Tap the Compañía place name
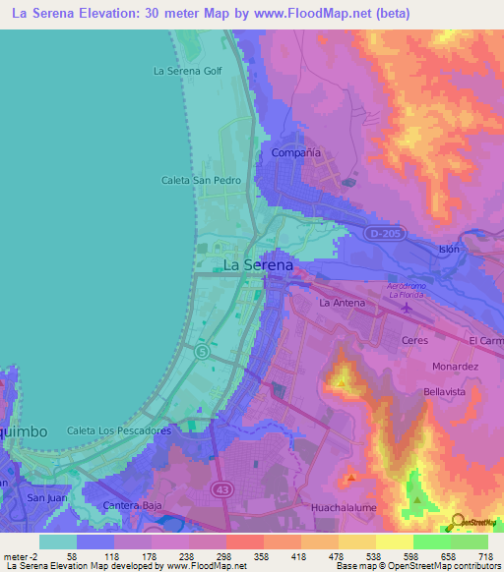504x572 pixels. [296, 154]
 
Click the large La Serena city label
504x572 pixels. [258, 265]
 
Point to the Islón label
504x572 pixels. [449, 250]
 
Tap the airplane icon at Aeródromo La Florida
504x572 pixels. [409, 309]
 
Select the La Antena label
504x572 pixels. [342, 304]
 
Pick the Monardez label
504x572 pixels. [455, 367]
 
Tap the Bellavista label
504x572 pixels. [443, 391]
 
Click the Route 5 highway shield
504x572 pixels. [202, 351]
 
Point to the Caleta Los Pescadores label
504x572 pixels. [119, 430]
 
